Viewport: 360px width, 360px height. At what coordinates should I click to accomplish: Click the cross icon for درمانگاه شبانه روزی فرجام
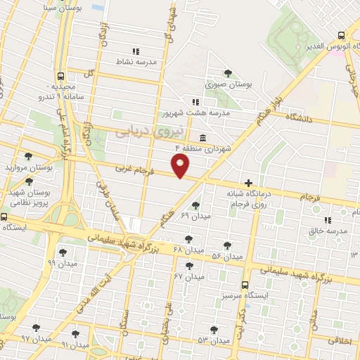coord(248,182)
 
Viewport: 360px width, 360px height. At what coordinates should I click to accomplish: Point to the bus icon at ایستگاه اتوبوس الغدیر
coord(341,35)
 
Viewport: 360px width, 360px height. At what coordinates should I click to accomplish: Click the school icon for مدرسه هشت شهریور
coord(195,101)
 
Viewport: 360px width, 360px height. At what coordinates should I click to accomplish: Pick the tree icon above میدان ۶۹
coord(195,204)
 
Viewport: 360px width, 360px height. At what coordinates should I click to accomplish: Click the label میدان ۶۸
coord(188,250)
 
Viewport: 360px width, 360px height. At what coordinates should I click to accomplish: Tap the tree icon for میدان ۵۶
coord(227,245)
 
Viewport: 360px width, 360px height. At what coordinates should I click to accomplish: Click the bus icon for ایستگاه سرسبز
coord(245,285)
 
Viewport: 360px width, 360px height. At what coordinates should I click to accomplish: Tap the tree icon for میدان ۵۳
coord(214,329)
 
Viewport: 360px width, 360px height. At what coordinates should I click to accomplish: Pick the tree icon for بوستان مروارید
coord(27,156)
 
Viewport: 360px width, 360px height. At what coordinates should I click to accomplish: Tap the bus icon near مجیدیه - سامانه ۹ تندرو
coord(61,76)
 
